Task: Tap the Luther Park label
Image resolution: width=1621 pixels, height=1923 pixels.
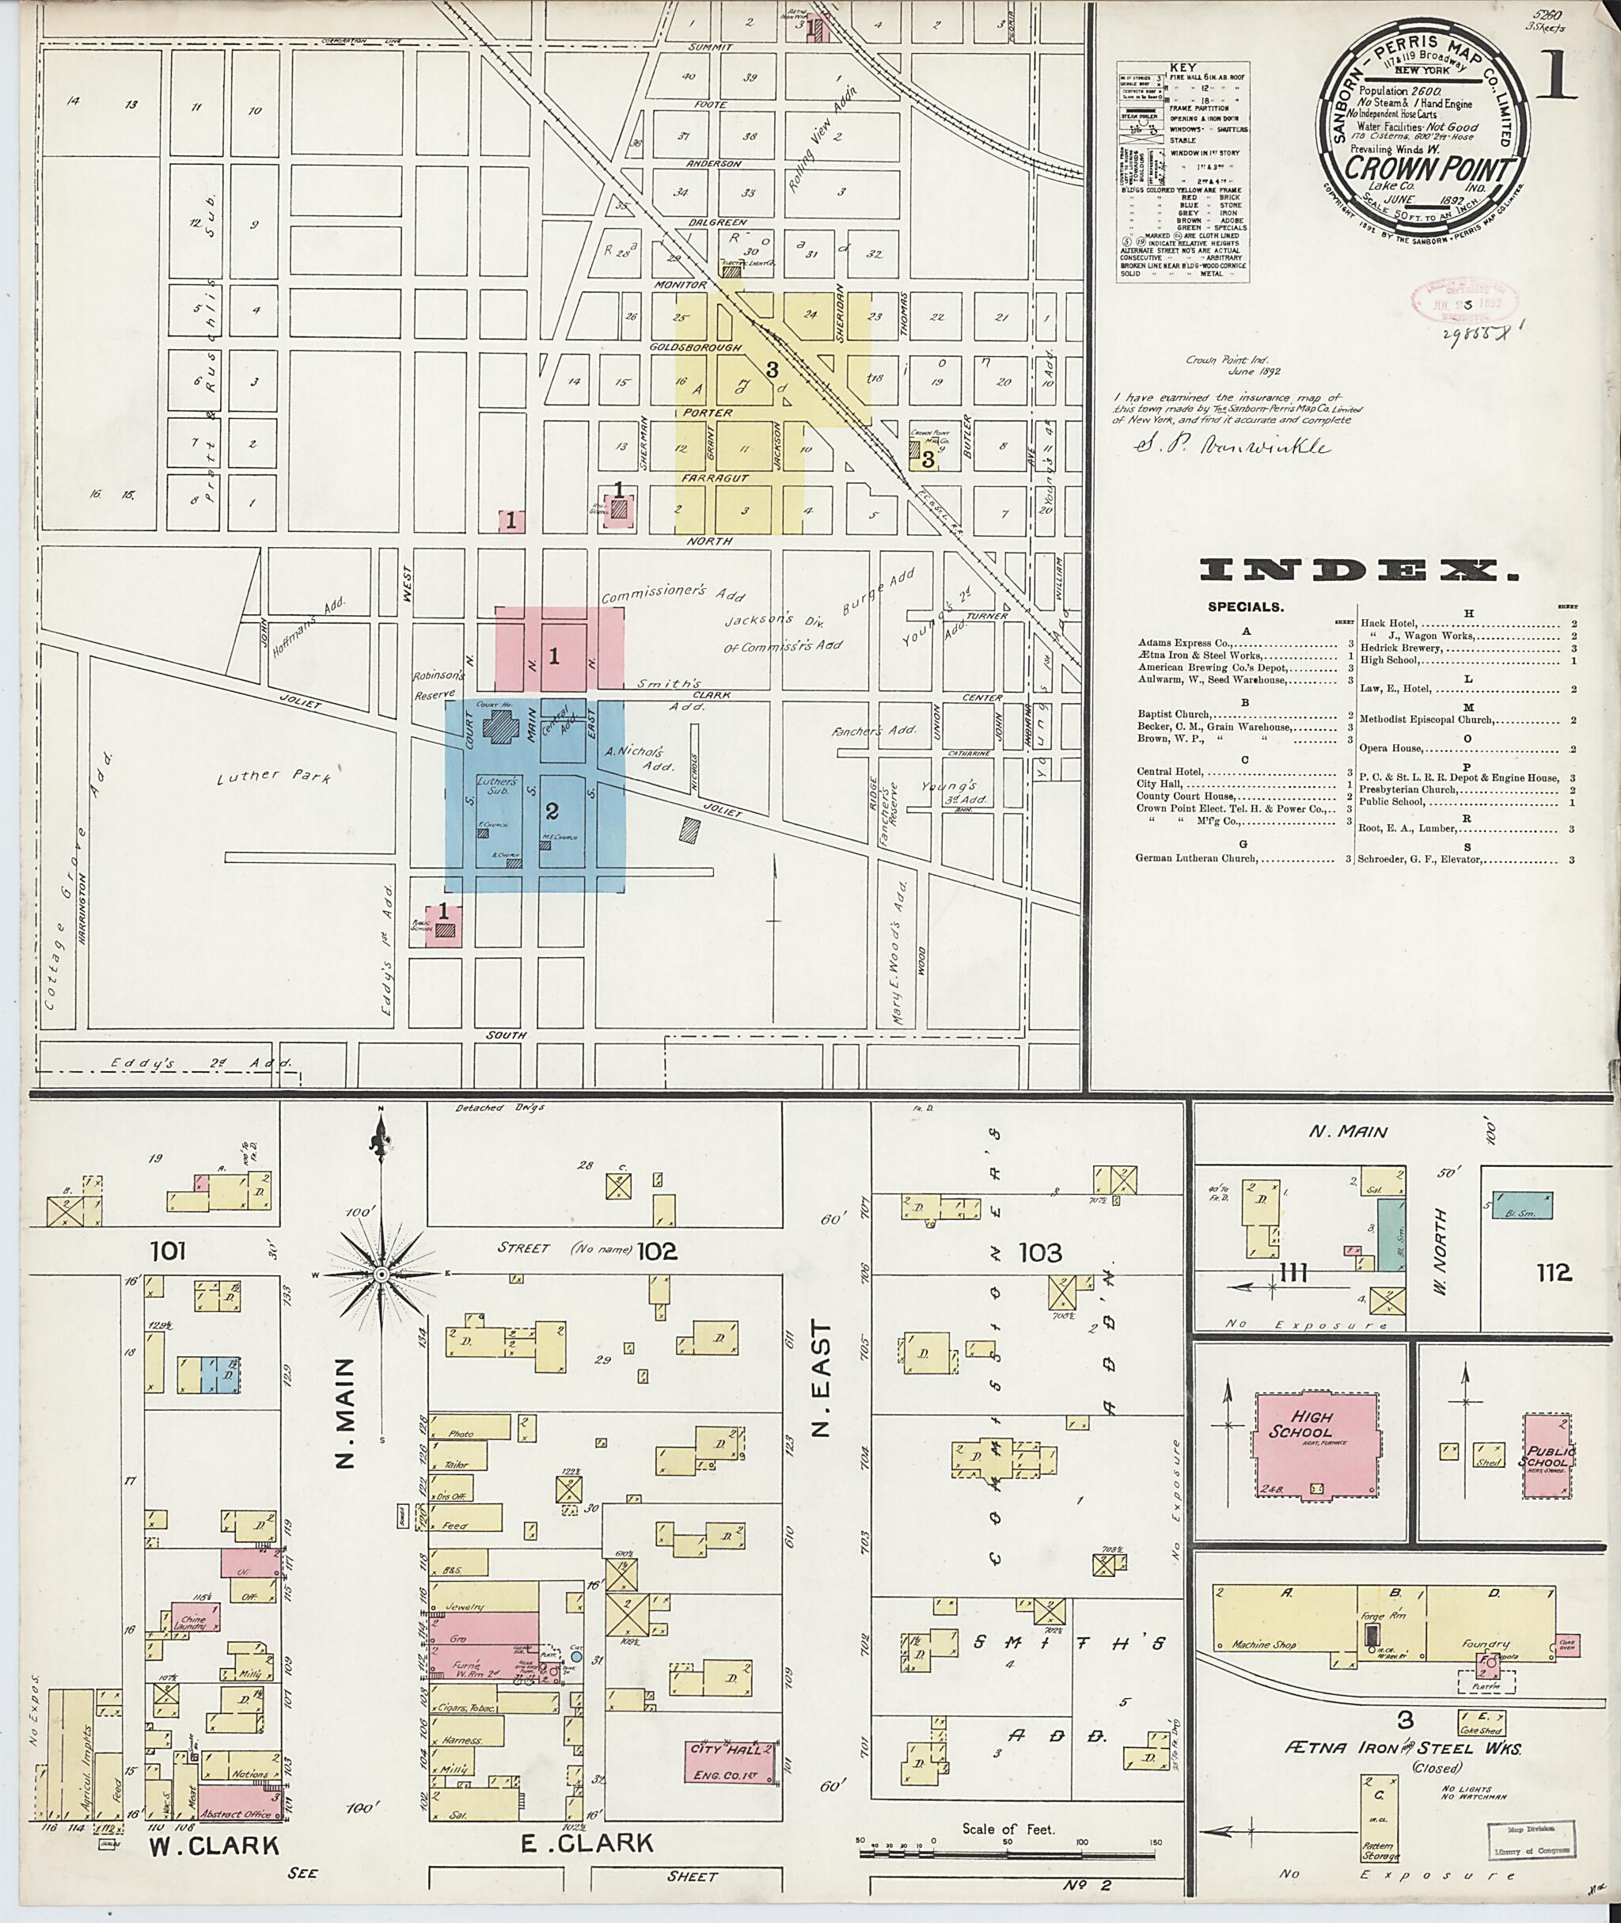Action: coord(274,777)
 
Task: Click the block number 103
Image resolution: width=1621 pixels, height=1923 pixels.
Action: coord(1040,1252)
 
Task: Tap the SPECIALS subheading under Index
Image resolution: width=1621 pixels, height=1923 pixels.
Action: coord(1245,607)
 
